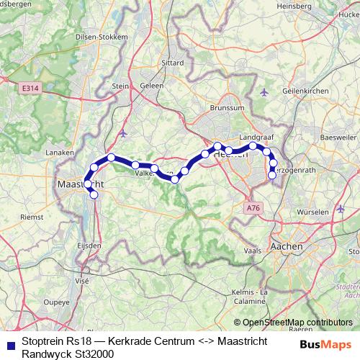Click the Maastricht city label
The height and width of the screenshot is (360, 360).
click(x=80, y=185)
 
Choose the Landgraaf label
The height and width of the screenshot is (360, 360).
click(x=256, y=136)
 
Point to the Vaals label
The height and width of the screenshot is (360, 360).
click(x=252, y=251)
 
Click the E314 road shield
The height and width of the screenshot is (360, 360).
click(x=30, y=88)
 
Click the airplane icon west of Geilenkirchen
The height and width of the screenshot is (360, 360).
click(x=264, y=92)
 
